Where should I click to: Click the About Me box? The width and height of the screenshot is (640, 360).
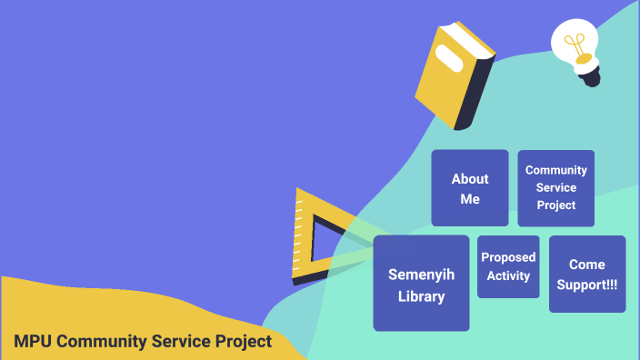coord(469,188)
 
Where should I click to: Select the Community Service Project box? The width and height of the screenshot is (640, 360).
coord(555,188)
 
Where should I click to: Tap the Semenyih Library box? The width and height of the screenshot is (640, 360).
coord(421,284)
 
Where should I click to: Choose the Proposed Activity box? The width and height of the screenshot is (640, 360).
coord(508,266)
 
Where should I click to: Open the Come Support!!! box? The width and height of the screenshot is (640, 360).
coord(587,274)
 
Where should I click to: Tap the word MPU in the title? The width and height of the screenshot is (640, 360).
coord(33,342)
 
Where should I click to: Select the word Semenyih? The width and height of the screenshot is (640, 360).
coord(421,274)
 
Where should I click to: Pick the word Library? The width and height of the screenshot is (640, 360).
coord(421,295)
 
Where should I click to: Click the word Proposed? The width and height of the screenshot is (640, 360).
coord(508,257)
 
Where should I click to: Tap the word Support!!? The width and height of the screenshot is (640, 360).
coord(587,285)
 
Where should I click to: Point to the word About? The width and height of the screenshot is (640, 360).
coord(470,178)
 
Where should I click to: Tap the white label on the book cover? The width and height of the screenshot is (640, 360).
coord(447,55)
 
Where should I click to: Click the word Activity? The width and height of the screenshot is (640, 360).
coord(508,275)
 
